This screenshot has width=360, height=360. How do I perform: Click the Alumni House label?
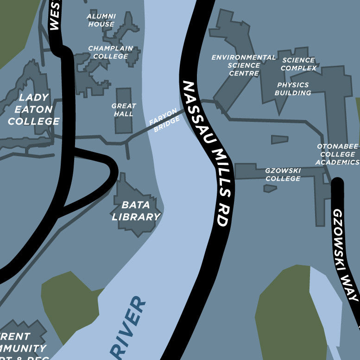coord(101,20)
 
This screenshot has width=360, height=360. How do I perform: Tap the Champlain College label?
coord(110,52)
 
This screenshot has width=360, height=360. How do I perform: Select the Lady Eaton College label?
coord(33,109)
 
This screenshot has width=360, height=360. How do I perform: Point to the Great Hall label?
coord(124,110)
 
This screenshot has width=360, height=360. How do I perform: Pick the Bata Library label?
coord(136,210)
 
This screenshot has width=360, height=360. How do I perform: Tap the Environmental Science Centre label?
coord(243,65)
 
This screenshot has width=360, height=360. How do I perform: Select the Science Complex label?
coord(298,64)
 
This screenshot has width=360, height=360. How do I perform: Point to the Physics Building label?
coord(293,89)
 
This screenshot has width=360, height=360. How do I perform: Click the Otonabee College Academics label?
coord(338,154)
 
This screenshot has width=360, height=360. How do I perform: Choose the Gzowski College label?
coord(283,174)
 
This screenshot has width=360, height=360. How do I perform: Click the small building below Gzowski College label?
coord(270,189)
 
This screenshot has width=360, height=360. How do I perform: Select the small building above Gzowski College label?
coord(279,139)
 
